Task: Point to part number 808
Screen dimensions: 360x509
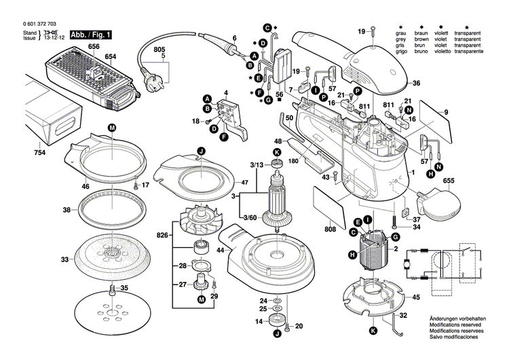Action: [x=331, y=229]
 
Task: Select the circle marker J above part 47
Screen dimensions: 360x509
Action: [x=201, y=150]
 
